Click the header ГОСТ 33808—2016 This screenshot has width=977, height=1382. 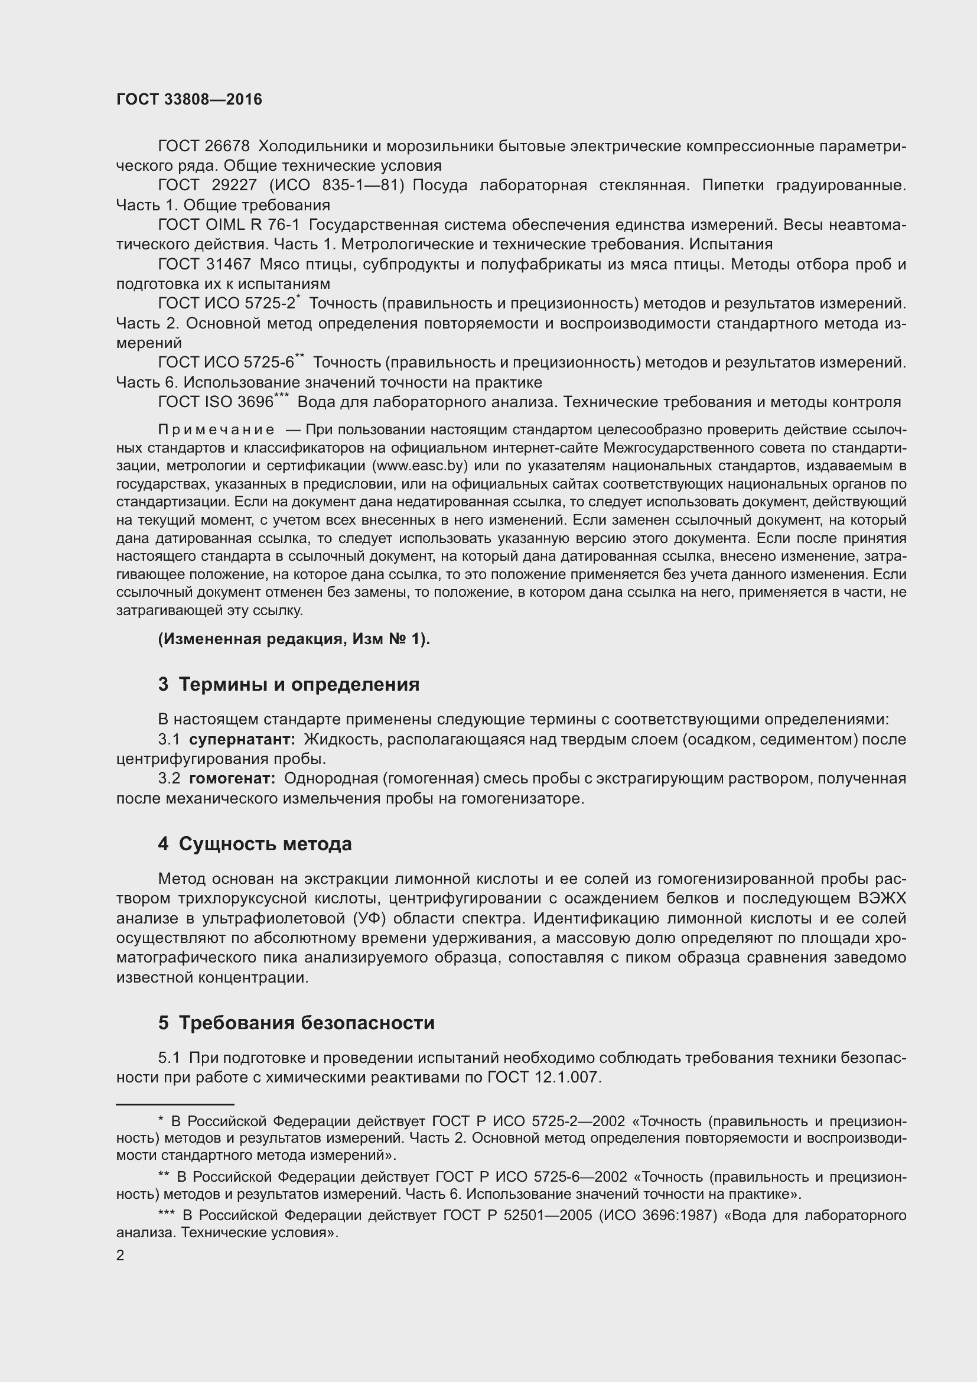coord(189,100)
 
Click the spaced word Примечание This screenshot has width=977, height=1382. coord(216,430)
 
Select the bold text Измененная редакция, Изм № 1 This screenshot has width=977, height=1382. coord(294,639)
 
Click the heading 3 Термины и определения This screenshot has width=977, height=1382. coord(289,684)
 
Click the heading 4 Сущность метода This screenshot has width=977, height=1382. coord(255,844)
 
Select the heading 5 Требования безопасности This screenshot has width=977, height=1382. coord(296,1023)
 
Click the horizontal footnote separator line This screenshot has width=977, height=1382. coord(174,1105)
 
